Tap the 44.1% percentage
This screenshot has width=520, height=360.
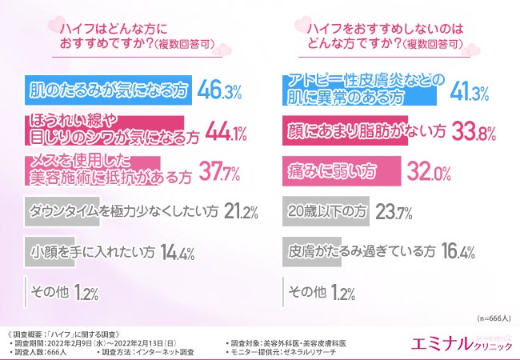226,131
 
